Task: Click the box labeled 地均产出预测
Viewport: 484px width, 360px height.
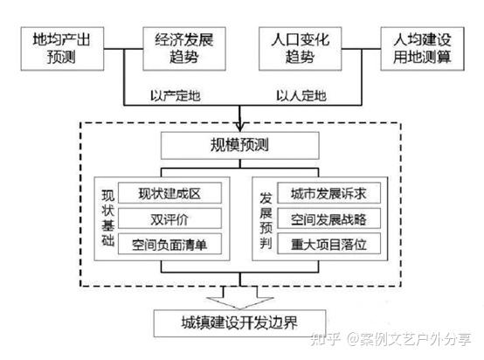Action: (62, 49)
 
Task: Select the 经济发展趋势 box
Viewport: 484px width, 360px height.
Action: (184, 49)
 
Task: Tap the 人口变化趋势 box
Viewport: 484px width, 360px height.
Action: (300, 49)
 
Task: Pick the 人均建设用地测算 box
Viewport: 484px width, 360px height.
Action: (422, 49)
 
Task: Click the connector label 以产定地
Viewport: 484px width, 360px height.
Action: (176, 96)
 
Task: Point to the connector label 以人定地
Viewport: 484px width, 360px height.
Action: (301, 96)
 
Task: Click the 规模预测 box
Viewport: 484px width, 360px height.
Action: (240, 145)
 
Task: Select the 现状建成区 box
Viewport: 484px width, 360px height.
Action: (169, 193)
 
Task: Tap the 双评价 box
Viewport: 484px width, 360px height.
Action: (169, 219)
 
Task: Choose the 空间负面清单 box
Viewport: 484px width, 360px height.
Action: (169, 244)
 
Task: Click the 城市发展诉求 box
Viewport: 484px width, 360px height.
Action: (328, 193)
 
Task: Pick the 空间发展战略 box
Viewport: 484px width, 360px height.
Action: (328, 219)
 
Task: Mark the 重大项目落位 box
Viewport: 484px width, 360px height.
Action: (328, 244)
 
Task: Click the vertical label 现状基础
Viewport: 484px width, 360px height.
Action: (108, 218)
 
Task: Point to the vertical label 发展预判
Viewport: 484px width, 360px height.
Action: (266, 220)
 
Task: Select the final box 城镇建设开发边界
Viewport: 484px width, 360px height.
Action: (240, 323)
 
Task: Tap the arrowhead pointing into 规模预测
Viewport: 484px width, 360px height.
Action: (240, 127)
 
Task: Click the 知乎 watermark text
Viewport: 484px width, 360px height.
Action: (325, 339)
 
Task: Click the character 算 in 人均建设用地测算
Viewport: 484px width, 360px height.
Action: (444, 57)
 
